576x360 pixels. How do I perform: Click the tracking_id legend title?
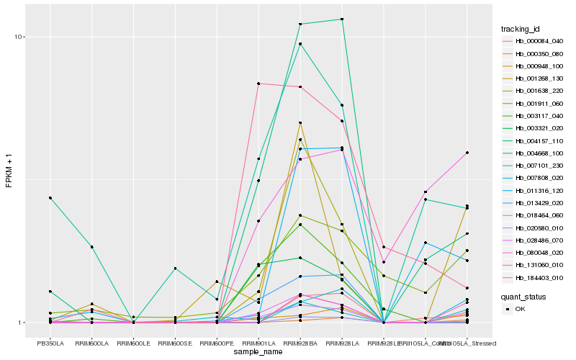click(521, 29)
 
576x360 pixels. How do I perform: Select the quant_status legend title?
click(523, 296)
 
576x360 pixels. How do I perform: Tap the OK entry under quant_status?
click(520, 308)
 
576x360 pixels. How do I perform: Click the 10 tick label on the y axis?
click(20, 37)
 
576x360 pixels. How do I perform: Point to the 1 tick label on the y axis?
click(22, 323)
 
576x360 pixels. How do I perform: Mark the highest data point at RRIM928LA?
click(342, 19)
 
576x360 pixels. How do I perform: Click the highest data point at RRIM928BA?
click(300, 24)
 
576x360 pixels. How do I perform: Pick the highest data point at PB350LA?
click(50, 197)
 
